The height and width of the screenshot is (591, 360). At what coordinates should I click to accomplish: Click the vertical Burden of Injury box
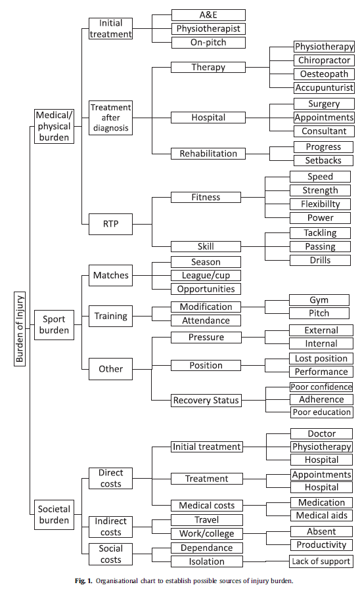tap(20, 328)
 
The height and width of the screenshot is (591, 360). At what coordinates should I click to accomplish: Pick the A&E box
tap(208, 15)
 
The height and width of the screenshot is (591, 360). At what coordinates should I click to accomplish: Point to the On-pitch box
tap(208, 43)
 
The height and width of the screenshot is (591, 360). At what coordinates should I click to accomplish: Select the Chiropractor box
tap(323, 60)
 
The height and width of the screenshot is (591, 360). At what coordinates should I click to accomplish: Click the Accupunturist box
tap(323, 87)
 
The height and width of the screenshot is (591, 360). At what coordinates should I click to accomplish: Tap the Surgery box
tap(323, 104)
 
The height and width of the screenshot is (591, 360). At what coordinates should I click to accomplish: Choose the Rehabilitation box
tap(208, 154)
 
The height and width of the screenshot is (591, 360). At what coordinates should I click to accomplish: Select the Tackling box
tap(320, 233)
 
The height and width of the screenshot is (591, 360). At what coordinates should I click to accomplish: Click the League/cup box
tap(206, 276)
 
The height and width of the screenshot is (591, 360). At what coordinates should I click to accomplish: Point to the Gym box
tap(319, 300)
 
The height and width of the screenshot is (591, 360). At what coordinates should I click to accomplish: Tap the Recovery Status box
tap(206, 400)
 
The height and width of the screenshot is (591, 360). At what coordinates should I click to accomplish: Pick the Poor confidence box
tap(322, 387)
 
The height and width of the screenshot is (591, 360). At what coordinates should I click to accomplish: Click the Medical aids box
tap(322, 515)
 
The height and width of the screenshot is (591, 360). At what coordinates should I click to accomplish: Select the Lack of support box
tap(321, 561)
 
